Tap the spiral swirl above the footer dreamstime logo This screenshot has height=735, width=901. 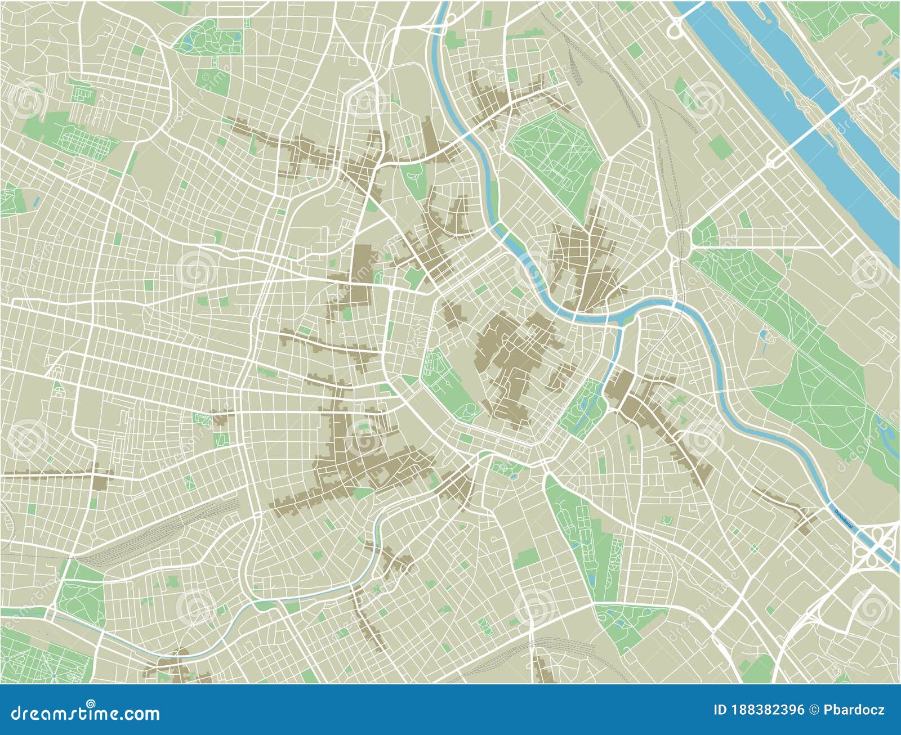click(x=91, y=702)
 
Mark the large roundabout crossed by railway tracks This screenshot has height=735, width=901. click(x=680, y=243)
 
